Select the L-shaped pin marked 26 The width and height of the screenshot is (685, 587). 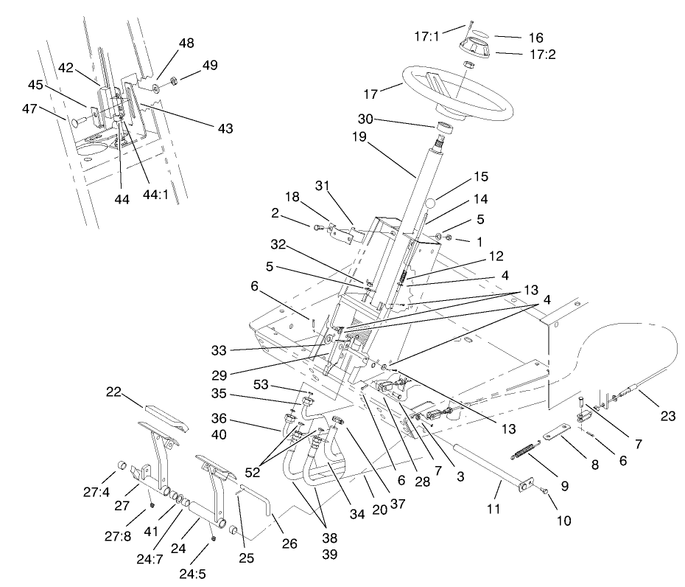258,501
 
